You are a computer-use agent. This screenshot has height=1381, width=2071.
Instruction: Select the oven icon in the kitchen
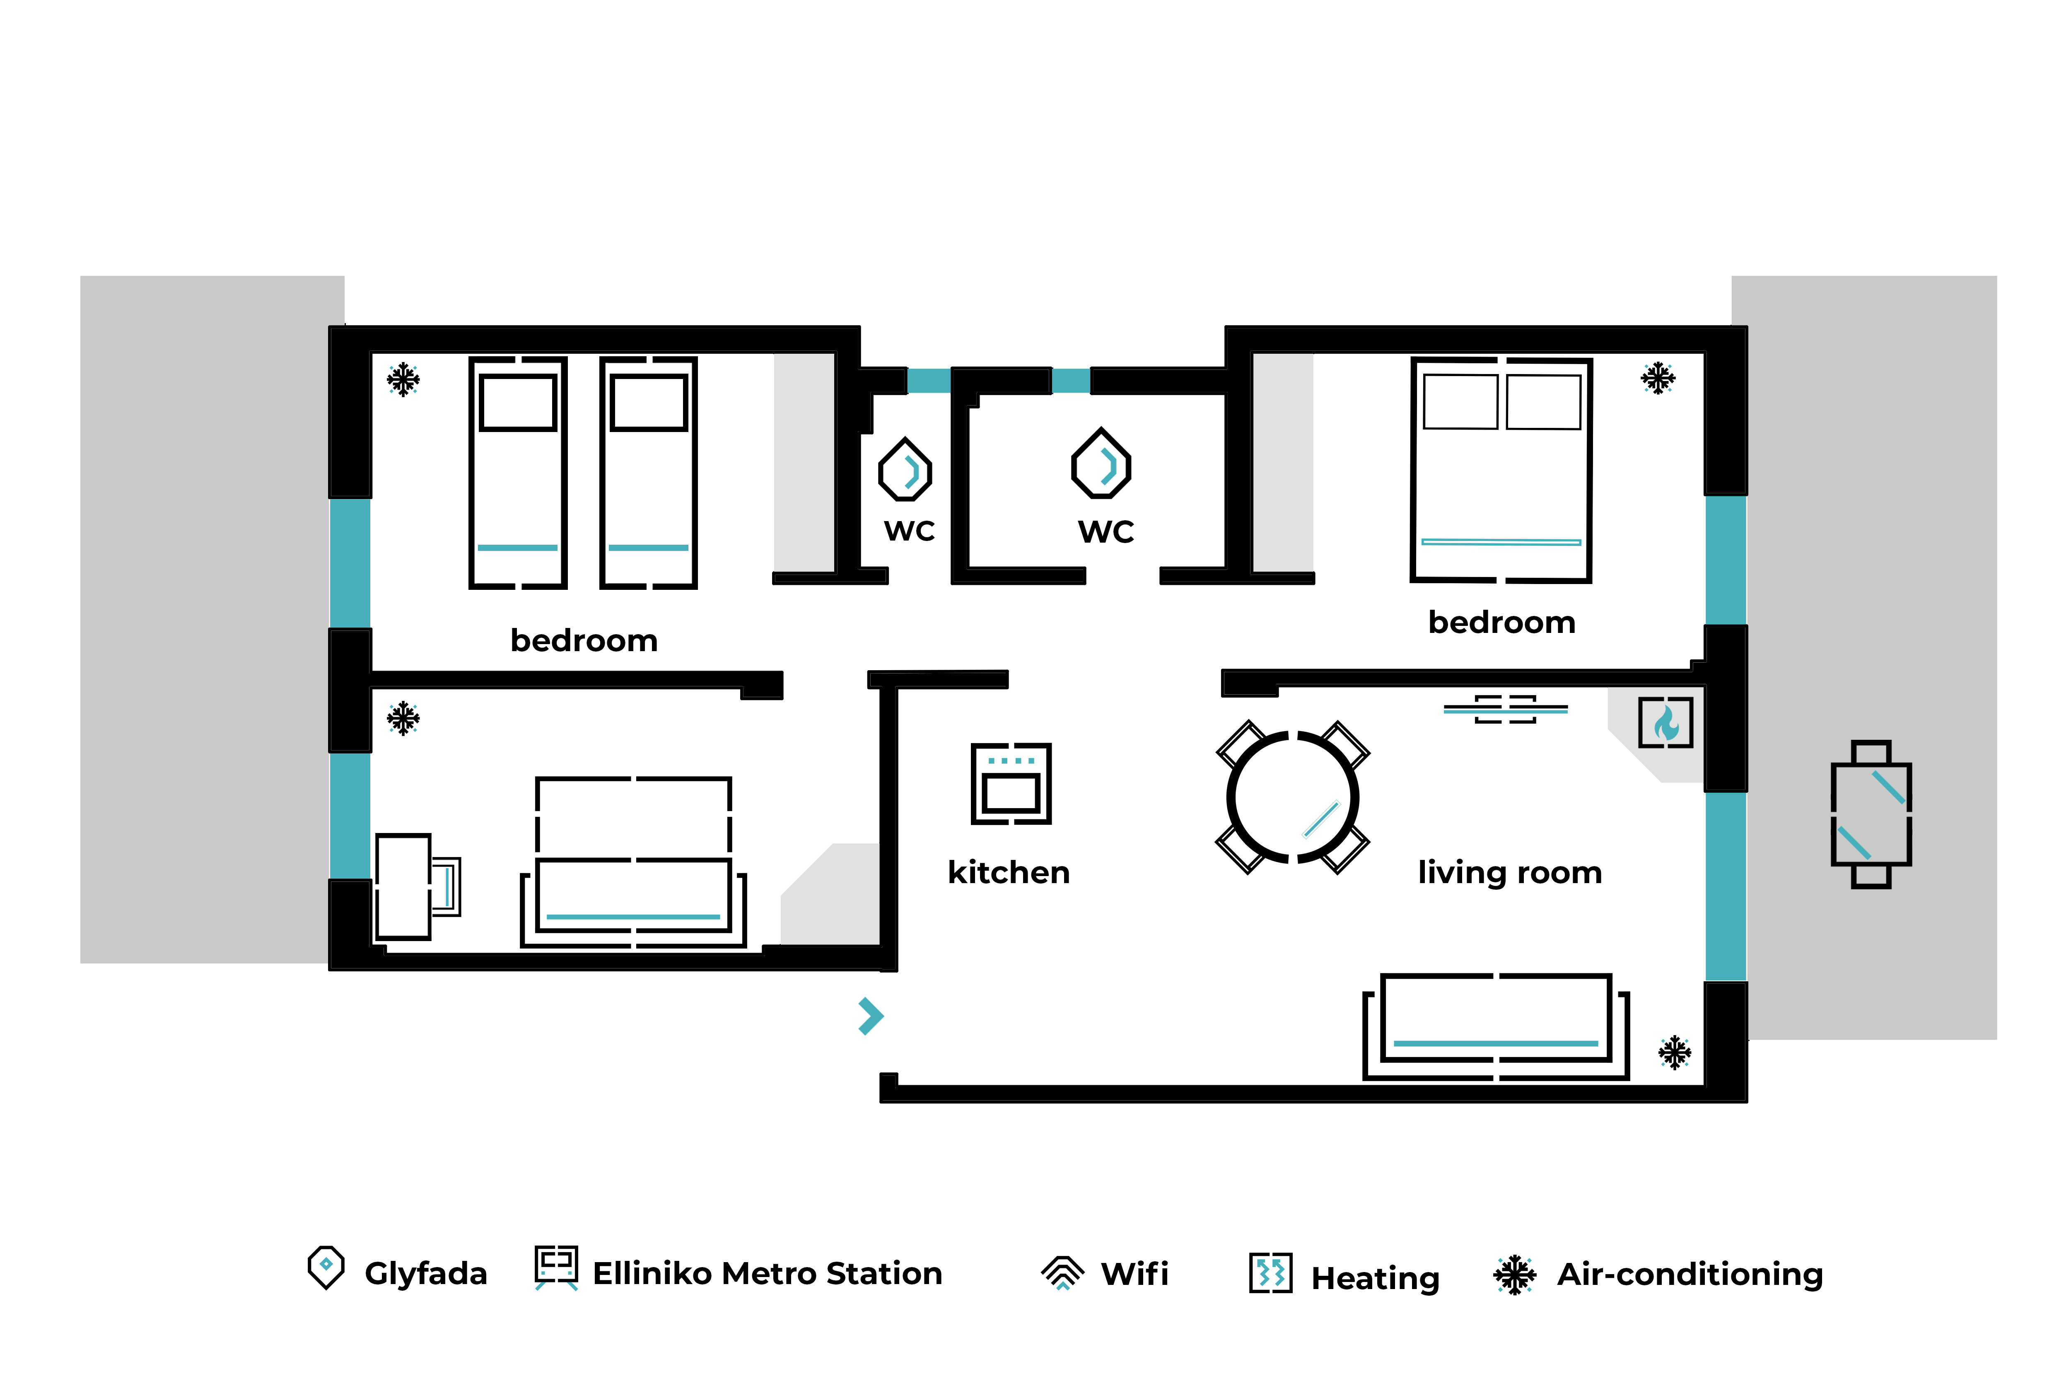click(1011, 783)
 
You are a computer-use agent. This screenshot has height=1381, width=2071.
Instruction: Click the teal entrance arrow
click(871, 1016)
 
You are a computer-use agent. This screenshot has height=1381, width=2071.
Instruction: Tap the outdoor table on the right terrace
click(1871, 814)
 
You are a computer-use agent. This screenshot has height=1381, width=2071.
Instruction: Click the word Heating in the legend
click(1376, 1278)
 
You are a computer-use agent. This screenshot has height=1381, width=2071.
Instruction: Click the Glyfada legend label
click(425, 1274)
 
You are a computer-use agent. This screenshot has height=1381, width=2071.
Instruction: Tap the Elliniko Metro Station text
click(767, 1274)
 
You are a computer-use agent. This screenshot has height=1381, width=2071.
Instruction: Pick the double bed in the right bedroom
click(1501, 469)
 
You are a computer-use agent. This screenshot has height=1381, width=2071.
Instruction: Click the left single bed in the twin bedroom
click(518, 472)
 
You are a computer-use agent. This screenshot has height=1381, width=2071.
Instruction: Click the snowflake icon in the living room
click(1675, 1053)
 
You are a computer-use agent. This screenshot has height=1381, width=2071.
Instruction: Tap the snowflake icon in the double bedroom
click(1657, 379)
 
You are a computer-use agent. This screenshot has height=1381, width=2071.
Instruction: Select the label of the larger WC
click(1106, 532)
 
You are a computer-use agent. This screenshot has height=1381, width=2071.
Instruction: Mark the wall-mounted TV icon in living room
click(1506, 709)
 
